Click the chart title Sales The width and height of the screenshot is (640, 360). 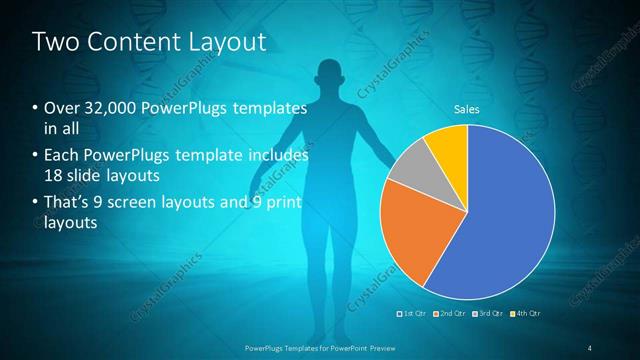point(467,109)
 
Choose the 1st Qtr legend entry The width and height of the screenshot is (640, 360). point(414,313)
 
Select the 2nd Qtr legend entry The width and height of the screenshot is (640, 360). point(452,313)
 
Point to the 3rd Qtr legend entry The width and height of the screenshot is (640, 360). point(490,313)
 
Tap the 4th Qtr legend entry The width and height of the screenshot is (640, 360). point(528,313)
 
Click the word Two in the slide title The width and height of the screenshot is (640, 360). point(56,42)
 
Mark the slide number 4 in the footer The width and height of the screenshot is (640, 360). point(590,347)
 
